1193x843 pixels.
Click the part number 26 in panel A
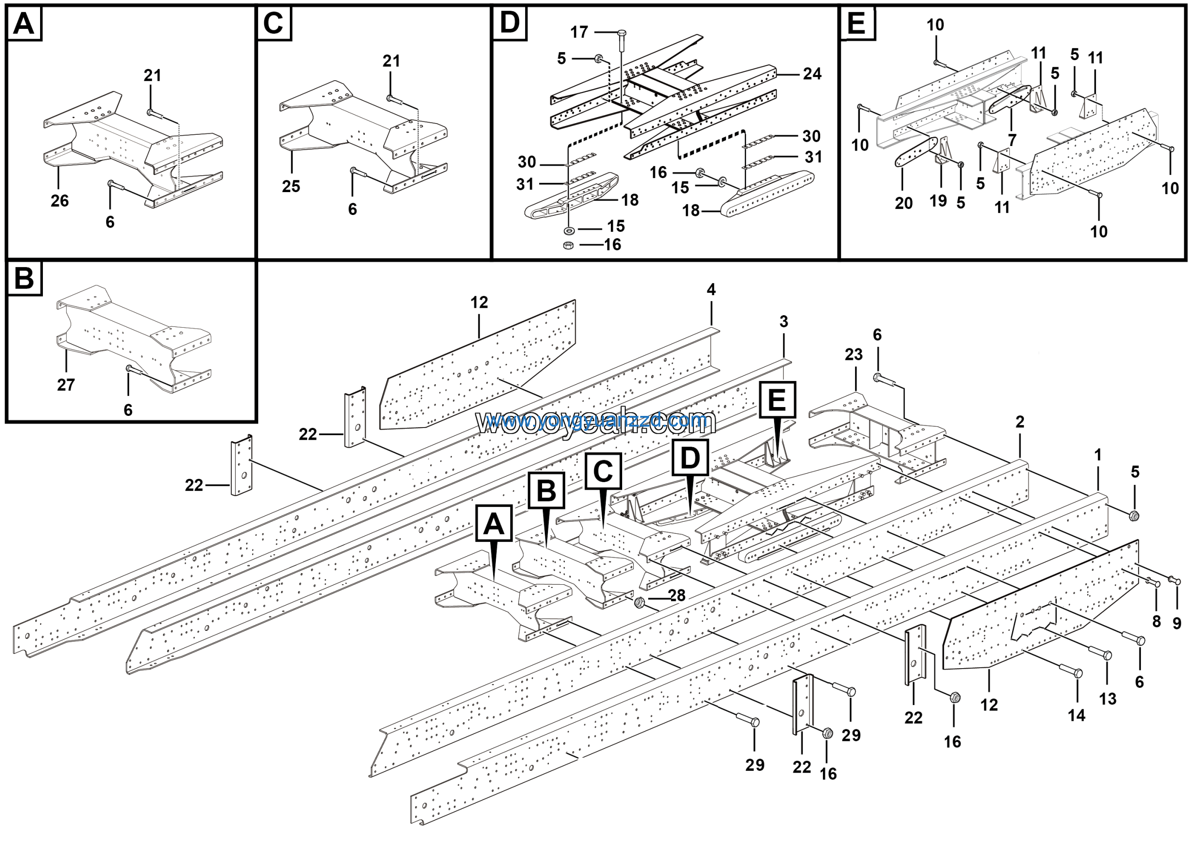[x=59, y=200]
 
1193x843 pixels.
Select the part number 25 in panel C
[x=291, y=186]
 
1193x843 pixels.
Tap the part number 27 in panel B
[x=66, y=385]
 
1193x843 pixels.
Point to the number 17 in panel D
[x=579, y=32]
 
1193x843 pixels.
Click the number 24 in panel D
[x=812, y=74]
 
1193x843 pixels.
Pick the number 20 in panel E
[x=904, y=203]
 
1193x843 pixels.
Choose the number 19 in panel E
[x=938, y=200]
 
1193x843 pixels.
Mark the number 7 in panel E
[x=1012, y=139]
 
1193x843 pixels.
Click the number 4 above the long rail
[x=711, y=290]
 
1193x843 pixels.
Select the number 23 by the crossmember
[x=853, y=354]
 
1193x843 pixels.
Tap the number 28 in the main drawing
[x=677, y=595]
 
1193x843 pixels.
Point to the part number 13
[x=1107, y=698]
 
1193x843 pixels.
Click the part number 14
[x=1076, y=715]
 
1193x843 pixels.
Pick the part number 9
[x=1177, y=622]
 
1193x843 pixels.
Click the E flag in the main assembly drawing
[x=777, y=400]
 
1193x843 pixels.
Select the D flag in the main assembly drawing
[x=690, y=458]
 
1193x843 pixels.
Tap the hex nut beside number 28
[x=640, y=602]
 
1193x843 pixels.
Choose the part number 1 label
[x=1097, y=455]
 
